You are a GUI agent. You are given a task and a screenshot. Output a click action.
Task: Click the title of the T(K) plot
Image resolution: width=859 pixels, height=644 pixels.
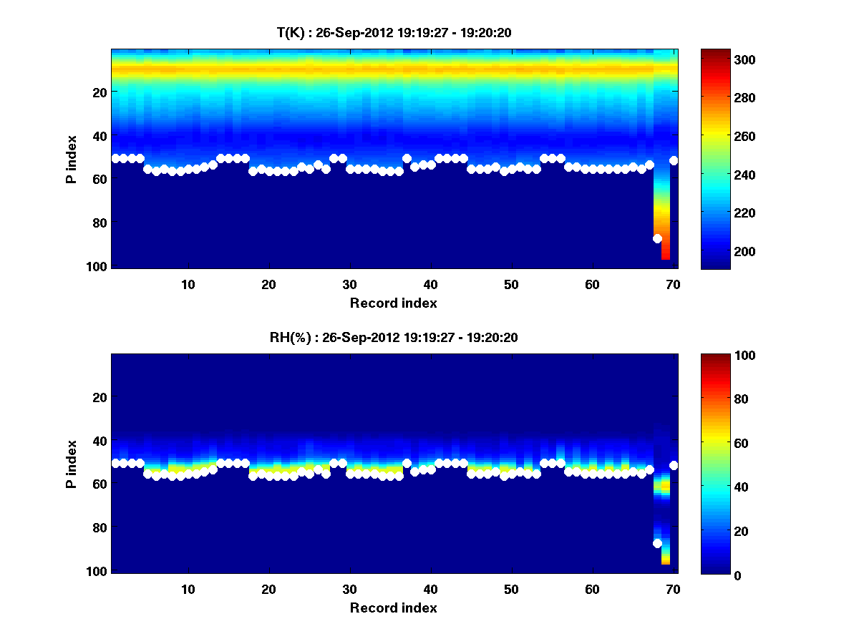pyautogui.click(x=394, y=31)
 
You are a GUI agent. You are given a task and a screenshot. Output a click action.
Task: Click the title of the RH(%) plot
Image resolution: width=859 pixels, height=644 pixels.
pyautogui.click(x=394, y=337)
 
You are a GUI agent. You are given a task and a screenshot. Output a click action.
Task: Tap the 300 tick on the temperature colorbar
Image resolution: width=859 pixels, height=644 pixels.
pyautogui.click(x=719, y=59)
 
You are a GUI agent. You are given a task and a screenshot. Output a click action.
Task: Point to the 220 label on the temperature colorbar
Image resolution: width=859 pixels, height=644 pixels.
pyautogui.click(x=719, y=213)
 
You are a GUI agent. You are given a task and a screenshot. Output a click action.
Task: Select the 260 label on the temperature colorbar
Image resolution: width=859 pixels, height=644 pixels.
pyautogui.click(x=719, y=136)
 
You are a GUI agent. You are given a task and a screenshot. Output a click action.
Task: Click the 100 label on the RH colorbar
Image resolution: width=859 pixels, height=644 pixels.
pyautogui.click(x=719, y=356)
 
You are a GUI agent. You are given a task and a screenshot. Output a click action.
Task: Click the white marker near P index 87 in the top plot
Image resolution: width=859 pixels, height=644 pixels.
pyautogui.click(x=657, y=238)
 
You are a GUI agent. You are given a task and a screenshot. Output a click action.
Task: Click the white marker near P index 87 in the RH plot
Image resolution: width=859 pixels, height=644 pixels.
pyautogui.click(x=657, y=543)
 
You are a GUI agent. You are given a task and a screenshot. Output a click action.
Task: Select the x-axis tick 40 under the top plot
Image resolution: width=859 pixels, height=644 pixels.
pyautogui.click(x=430, y=284)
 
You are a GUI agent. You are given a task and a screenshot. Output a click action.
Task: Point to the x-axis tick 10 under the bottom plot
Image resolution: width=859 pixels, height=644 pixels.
pyautogui.click(x=188, y=589)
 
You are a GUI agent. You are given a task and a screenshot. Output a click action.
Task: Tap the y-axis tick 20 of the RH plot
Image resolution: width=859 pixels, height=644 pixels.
pyautogui.click(x=100, y=397)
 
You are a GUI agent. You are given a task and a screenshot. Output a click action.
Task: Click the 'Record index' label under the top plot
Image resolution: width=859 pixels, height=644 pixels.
pyautogui.click(x=393, y=303)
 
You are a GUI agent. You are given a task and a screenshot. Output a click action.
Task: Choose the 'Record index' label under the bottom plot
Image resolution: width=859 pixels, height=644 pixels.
pyautogui.click(x=393, y=608)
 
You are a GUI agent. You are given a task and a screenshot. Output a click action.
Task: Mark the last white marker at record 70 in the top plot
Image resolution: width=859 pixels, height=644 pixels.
pyautogui.click(x=674, y=161)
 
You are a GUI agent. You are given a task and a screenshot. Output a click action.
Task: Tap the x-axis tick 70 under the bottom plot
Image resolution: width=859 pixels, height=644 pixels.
pyautogui.click(x=673, y=589)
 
